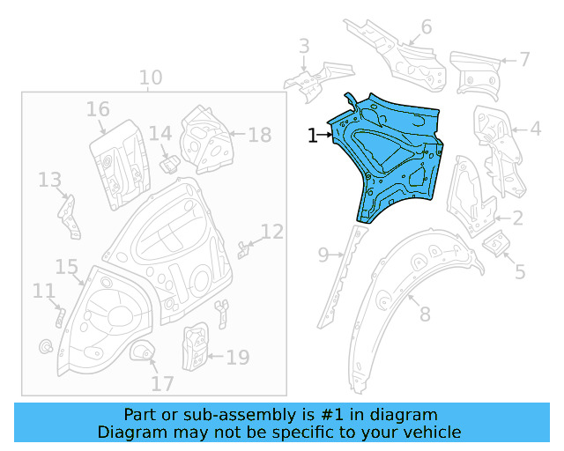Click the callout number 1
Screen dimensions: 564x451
click(312, 135)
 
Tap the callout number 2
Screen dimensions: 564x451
click(517, 218)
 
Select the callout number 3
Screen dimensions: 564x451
click(303, 46)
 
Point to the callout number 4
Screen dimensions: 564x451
click(534, 129)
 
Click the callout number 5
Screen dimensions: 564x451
click(520, 271)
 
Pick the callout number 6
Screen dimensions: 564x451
click(427, 27)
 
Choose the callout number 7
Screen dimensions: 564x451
click(524, 60)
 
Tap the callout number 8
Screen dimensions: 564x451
click(425, 314)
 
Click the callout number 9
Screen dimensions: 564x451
click(323, 255)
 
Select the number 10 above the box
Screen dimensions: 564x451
click(151, 78)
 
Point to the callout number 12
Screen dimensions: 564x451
click(272, 232)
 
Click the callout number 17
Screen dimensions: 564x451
click(162, 383)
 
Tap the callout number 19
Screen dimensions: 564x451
click(238, 358)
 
